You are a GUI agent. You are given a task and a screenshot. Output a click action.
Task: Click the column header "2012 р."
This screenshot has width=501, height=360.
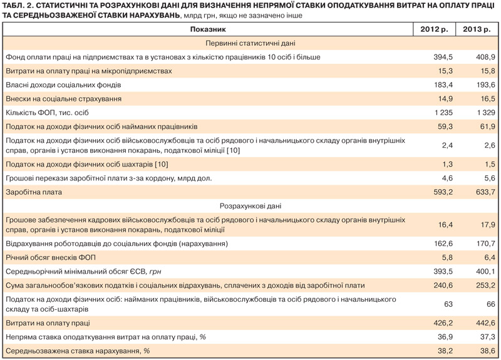(433, 29)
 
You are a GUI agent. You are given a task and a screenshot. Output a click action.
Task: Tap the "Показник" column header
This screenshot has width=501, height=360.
(208, 29)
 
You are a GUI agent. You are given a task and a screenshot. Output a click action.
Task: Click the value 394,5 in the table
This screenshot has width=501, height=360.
(442, 57)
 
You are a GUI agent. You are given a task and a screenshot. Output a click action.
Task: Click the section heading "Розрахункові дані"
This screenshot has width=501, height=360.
(250, 206)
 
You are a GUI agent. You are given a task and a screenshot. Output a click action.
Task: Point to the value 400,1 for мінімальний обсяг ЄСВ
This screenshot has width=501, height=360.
(485, 271)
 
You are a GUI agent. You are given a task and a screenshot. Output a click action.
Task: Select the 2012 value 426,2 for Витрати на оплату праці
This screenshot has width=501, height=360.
(442, 323)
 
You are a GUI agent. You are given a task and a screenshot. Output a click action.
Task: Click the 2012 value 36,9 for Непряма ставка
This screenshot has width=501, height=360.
(444, 337)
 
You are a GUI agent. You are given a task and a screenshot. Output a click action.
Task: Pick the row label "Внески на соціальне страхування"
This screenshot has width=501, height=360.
(63, 98)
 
